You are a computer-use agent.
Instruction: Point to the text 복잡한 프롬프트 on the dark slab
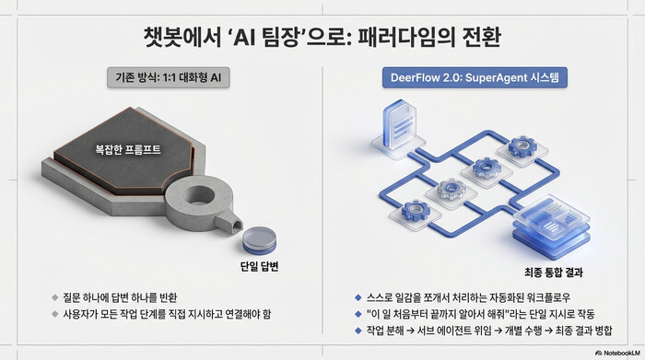coord(135,148)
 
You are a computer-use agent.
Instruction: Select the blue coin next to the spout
coord(258,241)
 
